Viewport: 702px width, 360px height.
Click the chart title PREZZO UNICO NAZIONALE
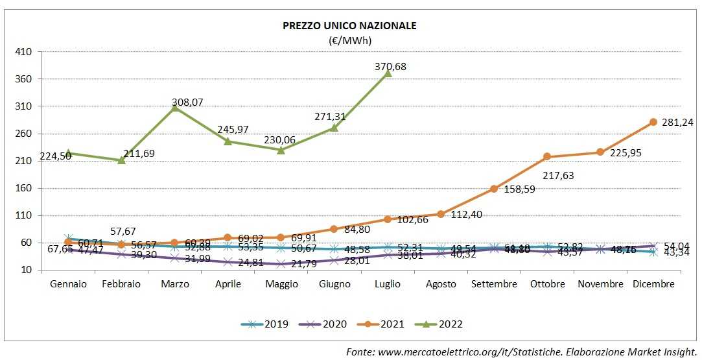coord(349,26)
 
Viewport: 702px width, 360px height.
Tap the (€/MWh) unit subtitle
coord(349,40)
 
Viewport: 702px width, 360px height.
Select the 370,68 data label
coord(395,66)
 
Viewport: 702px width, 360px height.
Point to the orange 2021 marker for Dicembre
coord(653,122)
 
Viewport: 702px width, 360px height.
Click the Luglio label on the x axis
coord(388,284)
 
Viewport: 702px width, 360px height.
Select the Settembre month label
coord(494,284)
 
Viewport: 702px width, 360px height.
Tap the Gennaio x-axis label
coord(68,284)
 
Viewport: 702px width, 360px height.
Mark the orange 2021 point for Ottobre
coord(547,156)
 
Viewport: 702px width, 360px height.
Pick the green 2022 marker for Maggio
coord(281,150)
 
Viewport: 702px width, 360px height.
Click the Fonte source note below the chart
coord(521,351)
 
